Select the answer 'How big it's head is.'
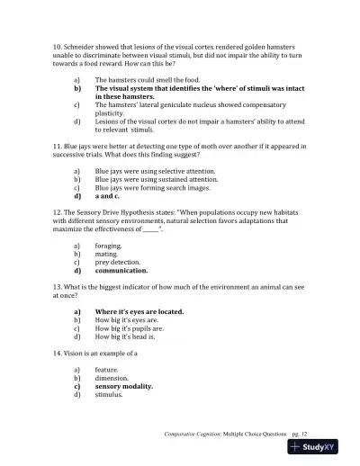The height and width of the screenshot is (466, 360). (127, 336)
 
